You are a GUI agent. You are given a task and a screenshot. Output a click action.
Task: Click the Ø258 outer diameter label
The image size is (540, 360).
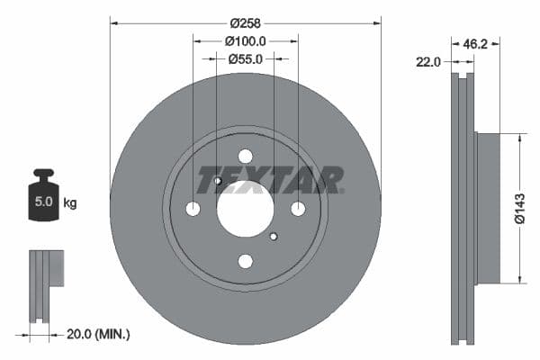tap(246, 21)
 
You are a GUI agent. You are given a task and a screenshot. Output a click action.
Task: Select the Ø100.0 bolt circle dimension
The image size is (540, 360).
tap(246, 40)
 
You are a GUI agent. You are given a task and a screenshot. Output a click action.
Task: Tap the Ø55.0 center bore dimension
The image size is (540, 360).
tap(246, 58)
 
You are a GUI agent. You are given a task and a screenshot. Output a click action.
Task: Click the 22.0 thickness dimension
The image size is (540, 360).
tap(428, 62)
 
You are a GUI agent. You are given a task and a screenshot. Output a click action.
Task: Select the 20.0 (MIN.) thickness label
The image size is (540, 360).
tap(99, 334)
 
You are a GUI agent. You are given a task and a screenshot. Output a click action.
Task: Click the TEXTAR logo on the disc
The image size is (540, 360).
tap(270, 180)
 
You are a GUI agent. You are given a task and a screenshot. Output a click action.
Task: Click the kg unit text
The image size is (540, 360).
tap(69, 203)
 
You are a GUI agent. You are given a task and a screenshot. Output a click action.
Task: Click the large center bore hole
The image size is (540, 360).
tap(245, 209)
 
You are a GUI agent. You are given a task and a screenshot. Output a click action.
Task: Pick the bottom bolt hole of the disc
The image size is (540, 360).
tap(245, 261)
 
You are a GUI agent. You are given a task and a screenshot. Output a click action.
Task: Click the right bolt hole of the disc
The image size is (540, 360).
tap(297, 209)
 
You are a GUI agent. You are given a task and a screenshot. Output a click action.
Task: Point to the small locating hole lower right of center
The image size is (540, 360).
tap(273, 237)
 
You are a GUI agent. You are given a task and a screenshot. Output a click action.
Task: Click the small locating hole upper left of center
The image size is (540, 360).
tap(218, 181)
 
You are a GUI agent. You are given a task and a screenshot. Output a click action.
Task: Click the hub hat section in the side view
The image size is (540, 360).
tap(487, 207)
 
